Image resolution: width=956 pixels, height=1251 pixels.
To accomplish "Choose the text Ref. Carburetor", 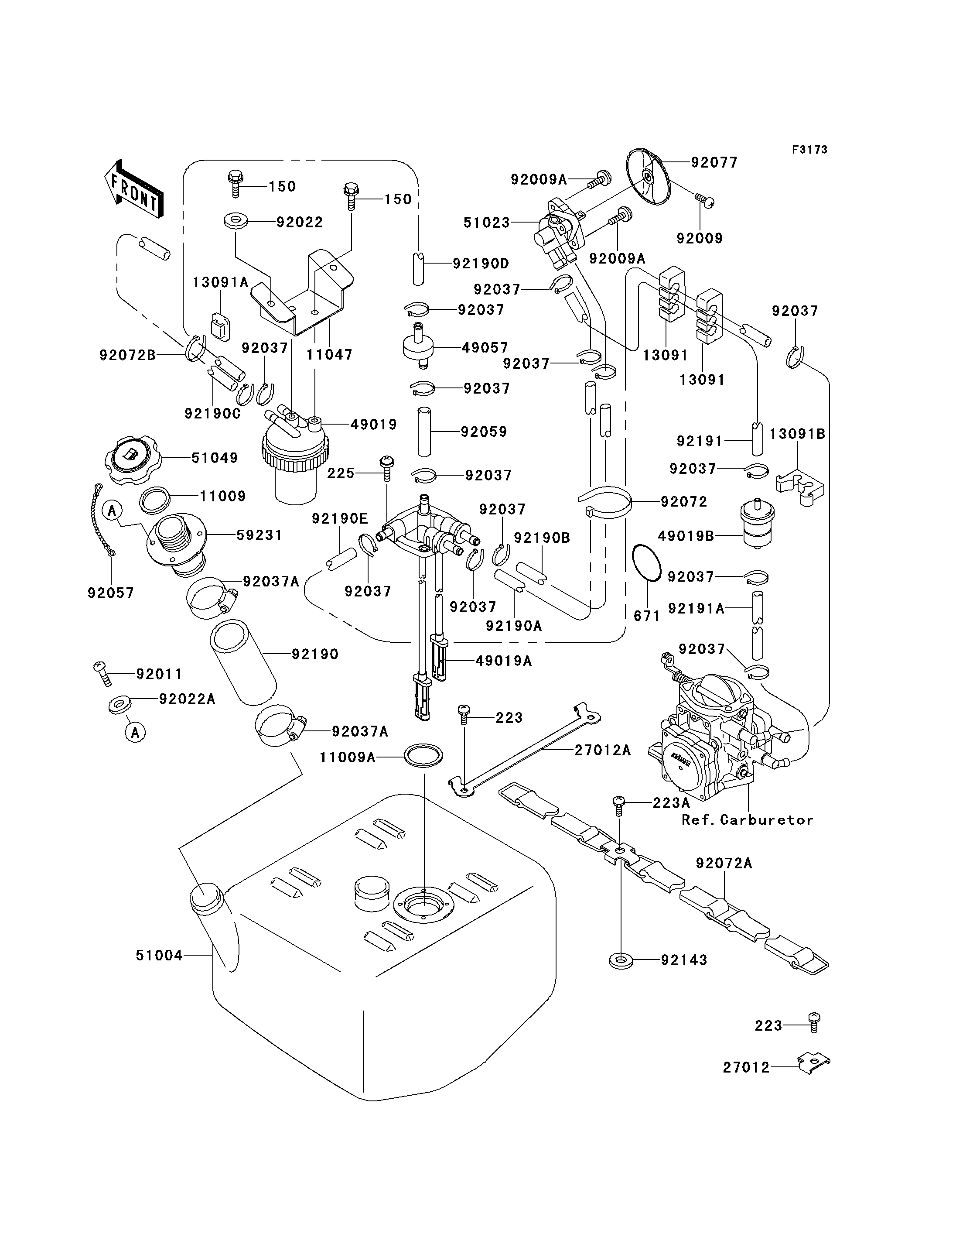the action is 748,820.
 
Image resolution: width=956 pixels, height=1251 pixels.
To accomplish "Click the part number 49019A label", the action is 504,661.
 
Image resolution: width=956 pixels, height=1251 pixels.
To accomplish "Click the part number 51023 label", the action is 487,223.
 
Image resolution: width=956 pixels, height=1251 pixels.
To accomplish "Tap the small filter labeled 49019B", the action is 756,523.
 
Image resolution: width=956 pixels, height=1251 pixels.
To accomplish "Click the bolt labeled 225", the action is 387,468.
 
